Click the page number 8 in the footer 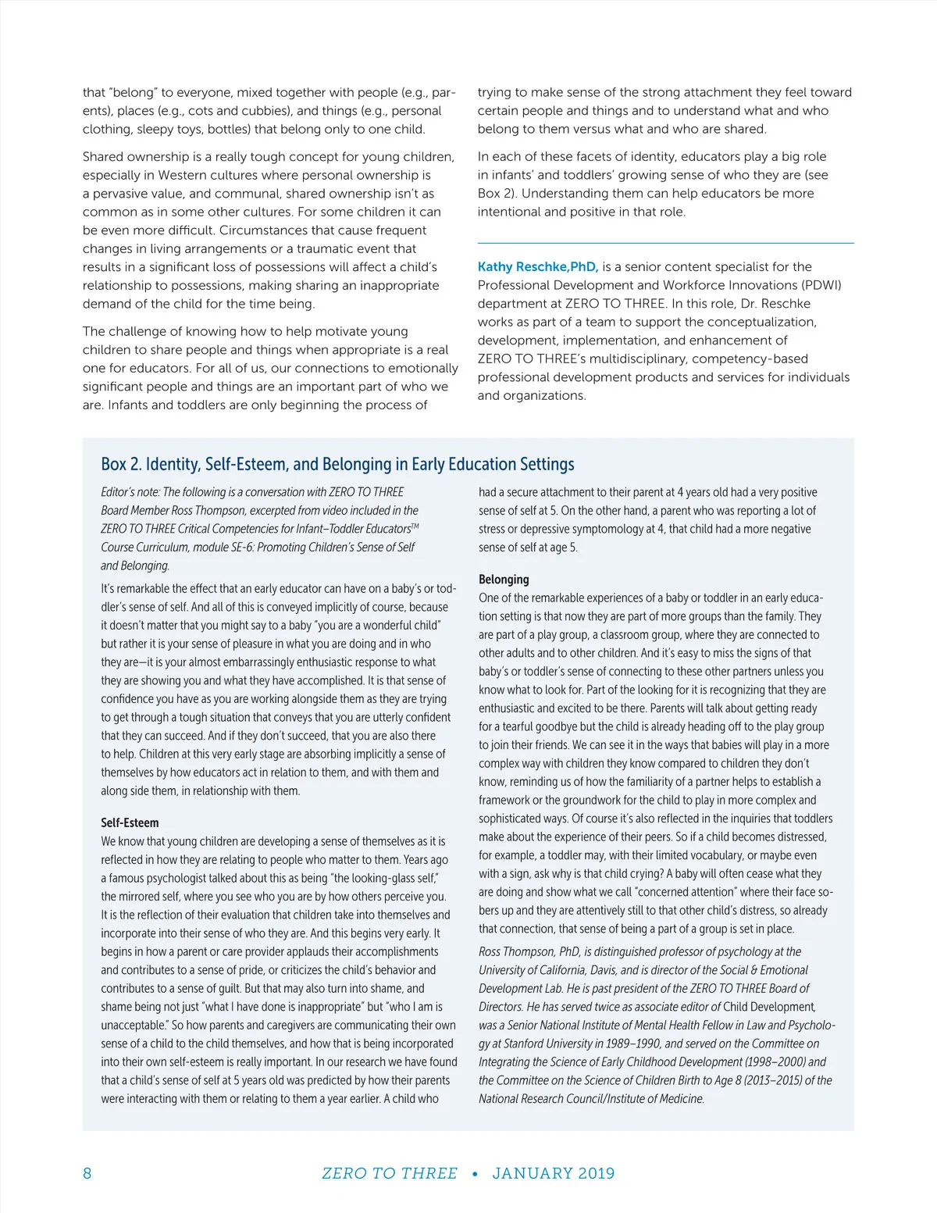87,1173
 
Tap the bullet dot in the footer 475,1173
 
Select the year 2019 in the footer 596,1173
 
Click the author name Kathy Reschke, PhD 537,266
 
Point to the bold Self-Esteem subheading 130,822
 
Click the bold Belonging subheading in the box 504,579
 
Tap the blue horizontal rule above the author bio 665,243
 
